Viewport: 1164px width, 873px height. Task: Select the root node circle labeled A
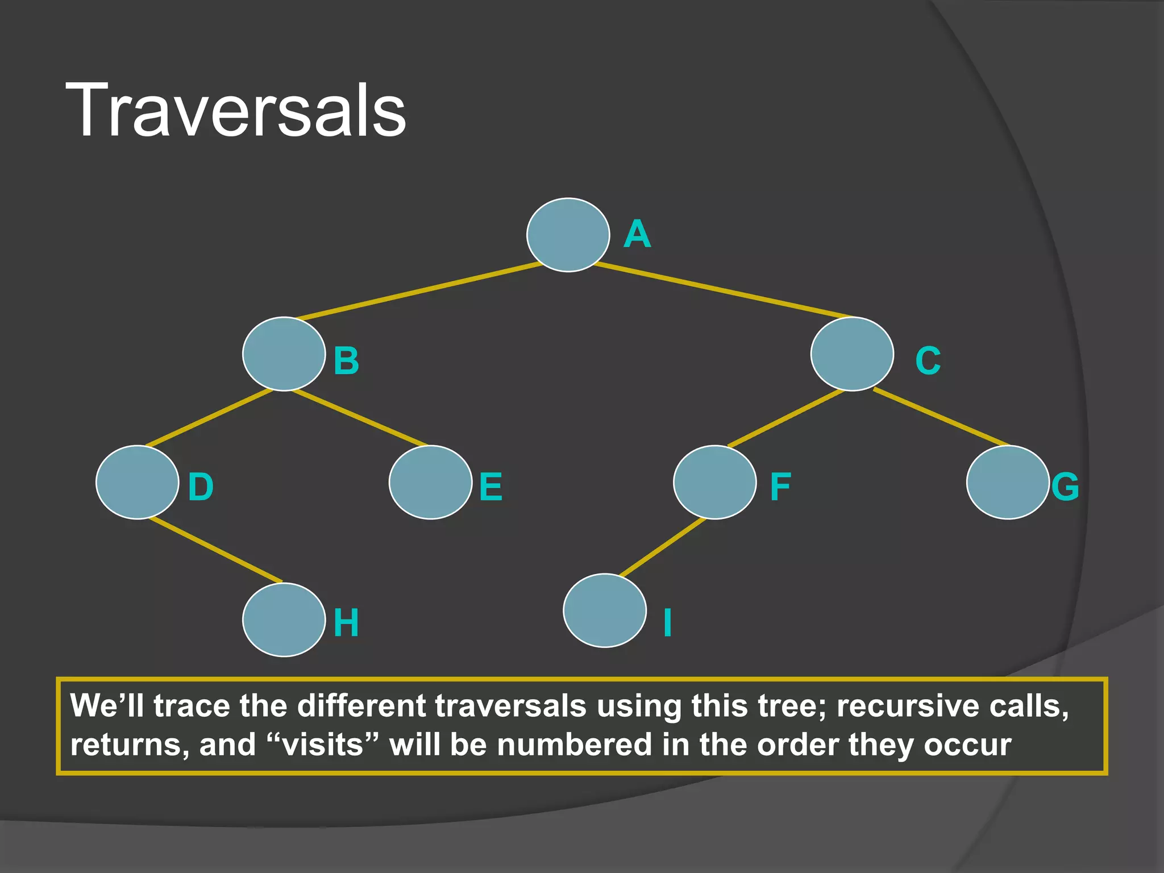(568, 235)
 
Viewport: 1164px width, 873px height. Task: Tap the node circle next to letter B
(284, 354)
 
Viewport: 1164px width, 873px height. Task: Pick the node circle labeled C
(851, 354)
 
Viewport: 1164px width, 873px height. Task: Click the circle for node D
(137, 482)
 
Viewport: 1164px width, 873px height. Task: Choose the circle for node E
(430, 482)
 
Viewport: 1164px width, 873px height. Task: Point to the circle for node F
(714, 482)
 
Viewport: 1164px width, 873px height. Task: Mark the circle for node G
(1007, 482)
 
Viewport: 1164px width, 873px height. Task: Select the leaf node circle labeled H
(284, 620)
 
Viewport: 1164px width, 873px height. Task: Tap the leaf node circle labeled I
(605, 610)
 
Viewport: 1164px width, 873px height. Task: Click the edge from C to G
(941, 417)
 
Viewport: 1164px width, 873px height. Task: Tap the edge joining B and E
(359, 417)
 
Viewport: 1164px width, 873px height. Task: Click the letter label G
(1065, 487)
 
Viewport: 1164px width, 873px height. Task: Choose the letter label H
(346, 622)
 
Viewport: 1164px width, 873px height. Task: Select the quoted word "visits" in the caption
(323, 745)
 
